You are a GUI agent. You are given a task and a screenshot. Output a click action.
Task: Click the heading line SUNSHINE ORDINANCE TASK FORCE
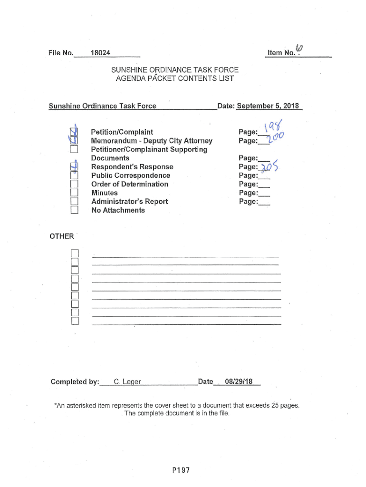click(x=174, y=70)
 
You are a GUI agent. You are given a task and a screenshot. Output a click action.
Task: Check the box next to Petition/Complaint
click(x=74, y=132)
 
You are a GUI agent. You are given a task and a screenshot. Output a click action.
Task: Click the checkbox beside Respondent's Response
click(x=74, y=167)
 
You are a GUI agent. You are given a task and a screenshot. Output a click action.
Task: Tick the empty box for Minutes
click(x=74, y=193)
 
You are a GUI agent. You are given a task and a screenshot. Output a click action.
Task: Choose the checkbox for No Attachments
click(x=74, y=210)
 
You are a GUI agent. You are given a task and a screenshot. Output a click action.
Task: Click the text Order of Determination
click(x=130, y=184)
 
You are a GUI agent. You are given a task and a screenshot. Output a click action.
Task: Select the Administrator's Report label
click(x=129, y=201)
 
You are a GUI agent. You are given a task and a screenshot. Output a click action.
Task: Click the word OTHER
click(x=61, y=236)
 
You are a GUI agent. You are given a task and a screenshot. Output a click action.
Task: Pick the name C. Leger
click(x=125, y=381)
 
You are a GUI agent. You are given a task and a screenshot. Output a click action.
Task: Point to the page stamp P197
click(x=181, y=470)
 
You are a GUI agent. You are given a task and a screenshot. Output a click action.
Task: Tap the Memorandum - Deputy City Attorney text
click(x=152, y=141)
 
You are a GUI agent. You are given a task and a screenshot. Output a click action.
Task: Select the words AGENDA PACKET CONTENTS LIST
click(x=175, y=78)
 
